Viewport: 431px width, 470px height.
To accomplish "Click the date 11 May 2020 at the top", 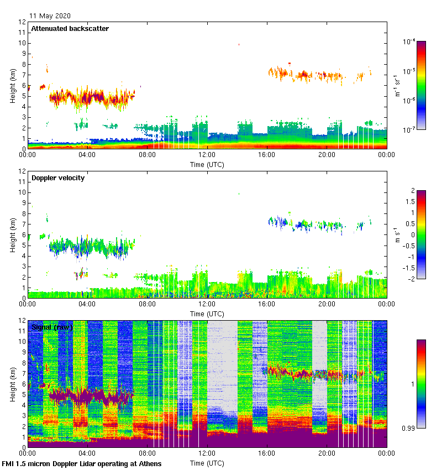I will pos(50,16).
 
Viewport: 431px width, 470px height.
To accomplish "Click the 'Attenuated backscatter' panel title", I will pos(70,29).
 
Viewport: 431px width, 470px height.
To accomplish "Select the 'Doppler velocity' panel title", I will pos(58,178).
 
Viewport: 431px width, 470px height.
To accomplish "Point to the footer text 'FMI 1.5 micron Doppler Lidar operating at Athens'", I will pos(82,463).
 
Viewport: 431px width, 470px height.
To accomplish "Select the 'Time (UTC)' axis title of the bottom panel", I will pos(207,463).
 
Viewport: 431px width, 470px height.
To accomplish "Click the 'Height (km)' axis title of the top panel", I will pos(13,86).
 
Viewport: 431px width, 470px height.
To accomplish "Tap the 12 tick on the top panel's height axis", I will pos(22,22).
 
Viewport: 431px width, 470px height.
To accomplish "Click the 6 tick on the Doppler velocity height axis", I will pos(24,235).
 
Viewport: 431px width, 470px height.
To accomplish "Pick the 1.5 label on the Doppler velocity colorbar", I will pos(411,202).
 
